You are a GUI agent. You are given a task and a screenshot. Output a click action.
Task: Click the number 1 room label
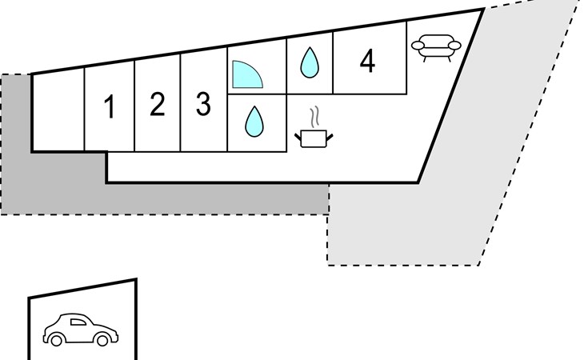pyautogui.click(x=109, y=106)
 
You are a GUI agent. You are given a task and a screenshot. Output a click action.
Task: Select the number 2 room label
pyautogui.click(x=157, y=104)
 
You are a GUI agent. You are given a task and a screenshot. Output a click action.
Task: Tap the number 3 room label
pyautogui.click(x=203, y=104)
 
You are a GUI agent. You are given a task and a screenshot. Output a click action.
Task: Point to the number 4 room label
pyautogui.click(x=367, y=61)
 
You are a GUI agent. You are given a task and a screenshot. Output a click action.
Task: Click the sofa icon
pyautogui.click(x=436, y=48)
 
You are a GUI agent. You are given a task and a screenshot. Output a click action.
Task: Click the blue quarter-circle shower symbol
pyautogui.click(x=247, y=74)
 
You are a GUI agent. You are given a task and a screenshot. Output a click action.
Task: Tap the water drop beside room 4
pyautogui.click(x=310, y=62)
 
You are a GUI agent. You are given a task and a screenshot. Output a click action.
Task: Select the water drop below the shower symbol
pyautogui.click(x=254, y=122)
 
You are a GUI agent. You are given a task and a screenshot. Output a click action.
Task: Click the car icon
pyautogui.click(x=81, y=330)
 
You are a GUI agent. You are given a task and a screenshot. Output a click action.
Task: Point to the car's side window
pyautogui.click(x=78, y=322)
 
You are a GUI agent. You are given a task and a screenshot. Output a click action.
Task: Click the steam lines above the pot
pyautogui.click(x=315, y=116)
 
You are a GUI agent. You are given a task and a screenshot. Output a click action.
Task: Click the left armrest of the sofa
pyautogui.click(x=418, y=46)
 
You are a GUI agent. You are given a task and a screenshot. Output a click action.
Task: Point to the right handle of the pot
pyautogui.click(x=330, y=138)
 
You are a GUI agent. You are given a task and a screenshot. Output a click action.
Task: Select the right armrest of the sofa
pyautogui.click(x=454, y=46)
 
